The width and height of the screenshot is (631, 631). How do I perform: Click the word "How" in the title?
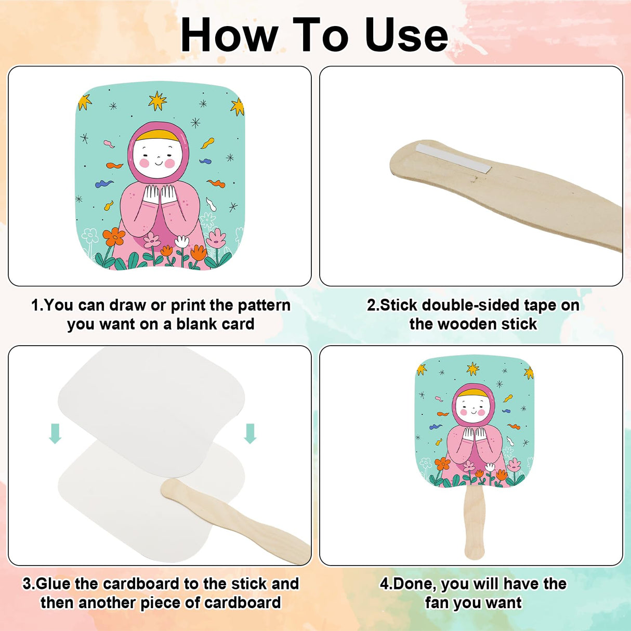(x=230, y=35)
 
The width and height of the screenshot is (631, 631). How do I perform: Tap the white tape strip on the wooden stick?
(x=454, y=159)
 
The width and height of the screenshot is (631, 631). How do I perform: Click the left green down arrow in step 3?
(x=55, y=433)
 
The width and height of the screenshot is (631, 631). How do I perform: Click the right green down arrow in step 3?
(x=250, y=433)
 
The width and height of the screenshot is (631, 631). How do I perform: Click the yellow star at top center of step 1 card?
(x=157, y=101)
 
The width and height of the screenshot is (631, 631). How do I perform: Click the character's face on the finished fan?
(x=472, y=409)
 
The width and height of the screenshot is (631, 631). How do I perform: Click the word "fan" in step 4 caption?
(x=438, y=603)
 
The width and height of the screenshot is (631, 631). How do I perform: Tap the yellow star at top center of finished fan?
(x=473, y=369)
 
